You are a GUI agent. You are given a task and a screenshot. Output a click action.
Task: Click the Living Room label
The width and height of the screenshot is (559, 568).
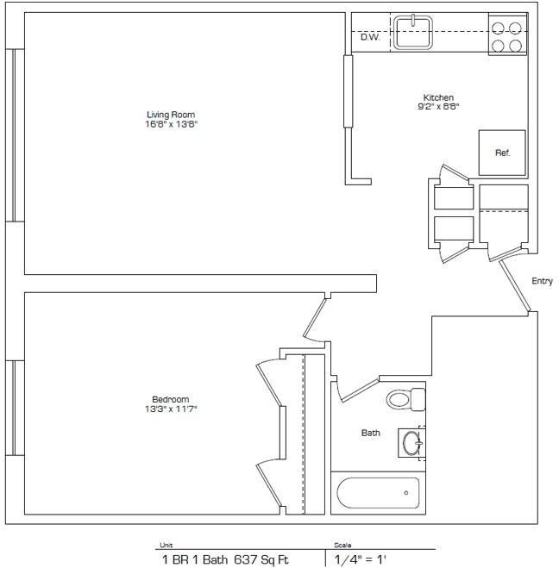click(x=170, y=115)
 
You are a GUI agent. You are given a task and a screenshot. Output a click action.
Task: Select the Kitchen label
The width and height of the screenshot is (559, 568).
click(x=438, y=97)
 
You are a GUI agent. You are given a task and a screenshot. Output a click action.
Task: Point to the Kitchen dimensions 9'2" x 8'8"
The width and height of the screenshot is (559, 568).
click(x=438, y=107)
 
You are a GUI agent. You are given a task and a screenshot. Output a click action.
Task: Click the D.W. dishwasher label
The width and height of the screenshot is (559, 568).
click(x=370, y=37)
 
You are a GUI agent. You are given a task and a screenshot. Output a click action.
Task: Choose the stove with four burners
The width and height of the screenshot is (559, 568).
click(x=507, y=35)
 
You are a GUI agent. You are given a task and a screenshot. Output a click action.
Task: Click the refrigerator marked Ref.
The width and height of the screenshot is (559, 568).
click(x=502, y=153)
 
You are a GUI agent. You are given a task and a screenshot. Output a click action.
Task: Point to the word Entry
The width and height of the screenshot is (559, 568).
click(x=542, y=281)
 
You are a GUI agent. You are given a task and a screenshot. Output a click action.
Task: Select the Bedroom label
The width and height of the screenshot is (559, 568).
click(x=170, y=399)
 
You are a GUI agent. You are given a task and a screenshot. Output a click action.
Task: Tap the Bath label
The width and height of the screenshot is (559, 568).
click(x=371, y=433)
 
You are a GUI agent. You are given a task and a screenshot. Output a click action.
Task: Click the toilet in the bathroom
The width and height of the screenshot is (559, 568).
click(x=405, y=399)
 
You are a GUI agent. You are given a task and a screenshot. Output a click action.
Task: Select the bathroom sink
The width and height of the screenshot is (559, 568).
click(x=411, y=443)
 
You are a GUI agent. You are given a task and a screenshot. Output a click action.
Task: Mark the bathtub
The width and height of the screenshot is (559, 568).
click(x=377, y=494)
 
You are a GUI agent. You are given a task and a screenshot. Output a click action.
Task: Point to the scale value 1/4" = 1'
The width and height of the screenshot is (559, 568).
click(x=361, y=559)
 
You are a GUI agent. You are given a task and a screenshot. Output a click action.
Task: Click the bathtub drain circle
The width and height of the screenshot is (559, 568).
click(x=405, y=494)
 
